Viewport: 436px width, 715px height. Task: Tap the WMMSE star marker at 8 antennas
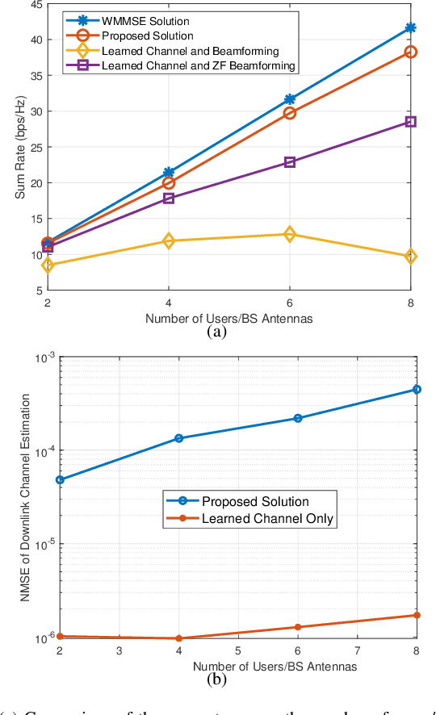[x=411, y=27]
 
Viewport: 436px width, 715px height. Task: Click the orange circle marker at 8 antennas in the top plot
[x=411, y=52]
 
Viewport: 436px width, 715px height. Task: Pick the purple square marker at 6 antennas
[x=290, y=162]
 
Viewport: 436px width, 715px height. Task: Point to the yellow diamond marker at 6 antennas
[x=290, y=234]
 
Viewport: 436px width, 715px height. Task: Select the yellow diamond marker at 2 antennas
[x=48, y=265]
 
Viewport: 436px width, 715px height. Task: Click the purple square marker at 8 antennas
[x=411, y=122]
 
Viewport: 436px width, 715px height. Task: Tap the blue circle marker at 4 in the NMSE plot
[x=178, y=438]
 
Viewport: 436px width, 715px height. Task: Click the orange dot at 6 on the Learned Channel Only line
[x=298, y=627]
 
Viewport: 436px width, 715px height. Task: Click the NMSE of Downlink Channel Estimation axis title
[x=24, y=497]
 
